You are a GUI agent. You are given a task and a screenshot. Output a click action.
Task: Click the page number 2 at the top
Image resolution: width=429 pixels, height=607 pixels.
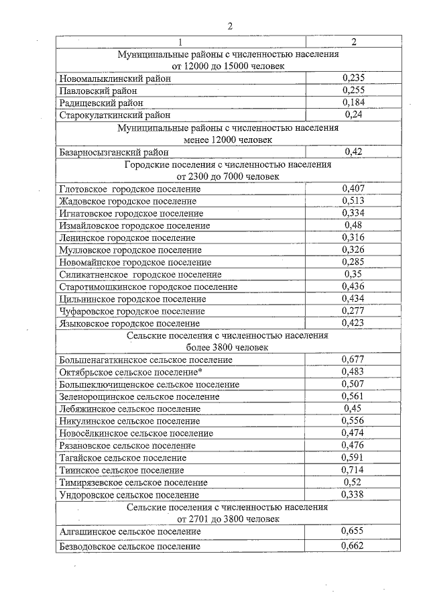[x=229, y=26]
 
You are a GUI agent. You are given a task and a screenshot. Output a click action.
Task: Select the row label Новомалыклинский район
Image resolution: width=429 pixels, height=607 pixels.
[x=115, y=79]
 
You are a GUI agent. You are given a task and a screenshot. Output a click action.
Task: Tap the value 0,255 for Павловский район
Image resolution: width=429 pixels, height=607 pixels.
[x=353, y=91]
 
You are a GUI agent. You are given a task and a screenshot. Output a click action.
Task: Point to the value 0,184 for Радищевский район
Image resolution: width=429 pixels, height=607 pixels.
[x=353, y=103]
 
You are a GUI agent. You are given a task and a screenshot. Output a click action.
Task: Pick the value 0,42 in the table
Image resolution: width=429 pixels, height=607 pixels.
[x=353, y=152]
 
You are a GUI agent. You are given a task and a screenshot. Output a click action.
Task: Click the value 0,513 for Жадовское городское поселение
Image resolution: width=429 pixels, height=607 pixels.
[x=353, y=201]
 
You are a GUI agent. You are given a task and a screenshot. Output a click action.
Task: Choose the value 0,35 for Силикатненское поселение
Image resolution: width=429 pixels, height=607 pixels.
[x=353, y=274]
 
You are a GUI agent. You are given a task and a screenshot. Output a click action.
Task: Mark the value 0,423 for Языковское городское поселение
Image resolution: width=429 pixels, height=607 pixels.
[x=353, y=323]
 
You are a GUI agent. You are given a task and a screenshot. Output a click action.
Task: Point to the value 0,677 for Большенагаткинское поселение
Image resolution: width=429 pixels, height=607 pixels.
[x=353, y=360]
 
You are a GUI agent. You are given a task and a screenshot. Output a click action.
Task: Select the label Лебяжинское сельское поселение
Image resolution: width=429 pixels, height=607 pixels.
[x=129, y=408]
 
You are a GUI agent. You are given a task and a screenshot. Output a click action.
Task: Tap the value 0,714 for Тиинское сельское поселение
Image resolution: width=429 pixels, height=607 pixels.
[x=353, y=470]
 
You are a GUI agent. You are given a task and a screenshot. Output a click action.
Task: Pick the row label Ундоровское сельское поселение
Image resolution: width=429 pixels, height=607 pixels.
[x=130, y=494]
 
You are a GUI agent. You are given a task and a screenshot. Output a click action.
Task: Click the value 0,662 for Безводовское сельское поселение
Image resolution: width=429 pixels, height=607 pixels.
[x=353, y=546]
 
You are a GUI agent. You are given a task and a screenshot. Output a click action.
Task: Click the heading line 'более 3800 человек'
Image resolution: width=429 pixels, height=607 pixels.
[x=227, y=347]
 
